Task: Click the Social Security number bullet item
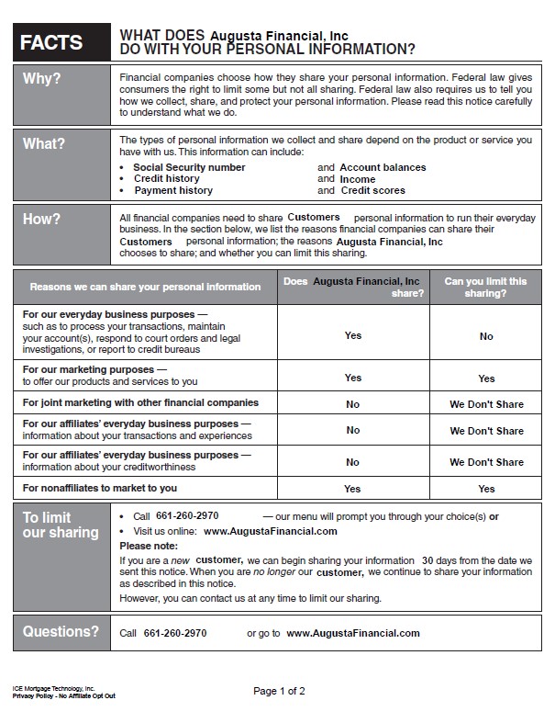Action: pyautogui.click(x=189, y=167)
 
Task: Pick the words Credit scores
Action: pyautogui.click(x=372, y=190)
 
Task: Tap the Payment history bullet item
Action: pyautogui.click(x=173, y=190)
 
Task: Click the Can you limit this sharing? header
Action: pyautogui.click(x=485, y=288)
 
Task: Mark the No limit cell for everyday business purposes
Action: pyautogui.click(x=486, y=336)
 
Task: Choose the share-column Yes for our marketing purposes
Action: pyautogui.click(x=353, y=378)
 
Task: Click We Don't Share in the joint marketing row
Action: pyautogui.click(x=486, y=403)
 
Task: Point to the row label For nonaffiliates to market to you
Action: pyautogui.click(x=100, y=488)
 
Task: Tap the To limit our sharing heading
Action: pyautogui.click(x=61, y=525)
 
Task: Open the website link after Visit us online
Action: pyautogui.click(x=271, y=531)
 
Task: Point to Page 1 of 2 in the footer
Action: pyautogui.click(x=279, y=690)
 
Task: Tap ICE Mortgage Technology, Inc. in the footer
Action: pyautogui.click(x=54, y=687)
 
